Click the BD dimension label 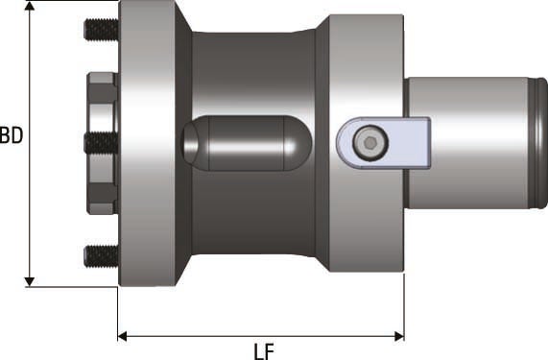[12, 135]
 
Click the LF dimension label [264, 349]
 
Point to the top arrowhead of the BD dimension [31, 8]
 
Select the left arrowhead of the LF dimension [124, 335]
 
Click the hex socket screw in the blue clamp [369, 143]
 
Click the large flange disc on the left [149, 144]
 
